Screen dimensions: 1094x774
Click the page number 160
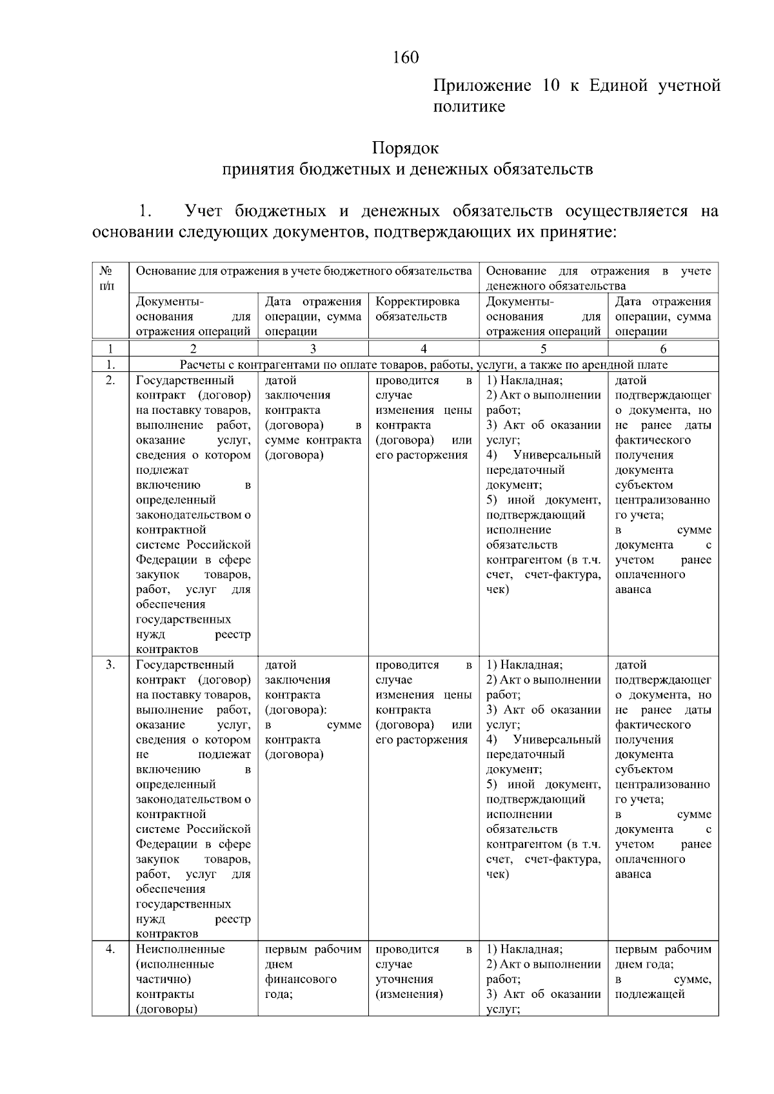406,58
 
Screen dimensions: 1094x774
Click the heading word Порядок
405,148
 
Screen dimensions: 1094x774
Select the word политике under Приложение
468,106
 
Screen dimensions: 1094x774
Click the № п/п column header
110,278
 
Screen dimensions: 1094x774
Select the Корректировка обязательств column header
417,309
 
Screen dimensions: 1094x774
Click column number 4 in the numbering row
423,349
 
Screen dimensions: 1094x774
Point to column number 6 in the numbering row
662,349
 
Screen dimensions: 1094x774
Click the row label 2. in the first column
110,380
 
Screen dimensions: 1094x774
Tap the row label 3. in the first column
110,665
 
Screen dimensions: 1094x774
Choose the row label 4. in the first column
110,949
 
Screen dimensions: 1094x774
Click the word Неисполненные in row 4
180,949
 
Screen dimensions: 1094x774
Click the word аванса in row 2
633,589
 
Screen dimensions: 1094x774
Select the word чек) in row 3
497,874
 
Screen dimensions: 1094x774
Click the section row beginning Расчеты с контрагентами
423,365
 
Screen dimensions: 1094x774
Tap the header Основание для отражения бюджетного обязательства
303,271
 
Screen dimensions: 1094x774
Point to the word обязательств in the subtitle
542,170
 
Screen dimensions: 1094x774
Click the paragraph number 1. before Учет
145,211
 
